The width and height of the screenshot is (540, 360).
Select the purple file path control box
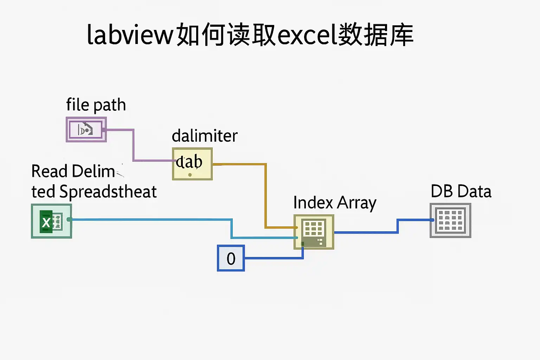86,130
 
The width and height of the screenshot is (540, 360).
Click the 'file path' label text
96,105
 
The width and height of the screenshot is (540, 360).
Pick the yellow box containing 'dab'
192,164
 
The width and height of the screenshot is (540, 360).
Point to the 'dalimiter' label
205,136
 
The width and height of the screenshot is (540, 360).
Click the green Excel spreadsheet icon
51,221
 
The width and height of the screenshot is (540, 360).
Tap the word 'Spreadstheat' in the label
108,192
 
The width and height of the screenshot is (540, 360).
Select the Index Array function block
314,232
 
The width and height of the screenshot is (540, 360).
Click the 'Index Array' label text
335,203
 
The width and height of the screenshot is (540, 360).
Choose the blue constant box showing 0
231,258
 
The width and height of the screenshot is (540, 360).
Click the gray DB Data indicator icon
450,220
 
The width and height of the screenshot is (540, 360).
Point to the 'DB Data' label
461,192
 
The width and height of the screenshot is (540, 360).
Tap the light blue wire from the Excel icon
151,220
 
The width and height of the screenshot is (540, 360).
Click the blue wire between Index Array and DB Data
366,232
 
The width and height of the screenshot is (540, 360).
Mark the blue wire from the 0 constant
274,258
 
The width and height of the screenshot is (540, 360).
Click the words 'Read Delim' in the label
73,172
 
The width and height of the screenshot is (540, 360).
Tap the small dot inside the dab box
190,175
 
